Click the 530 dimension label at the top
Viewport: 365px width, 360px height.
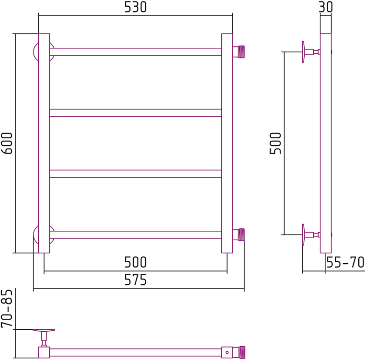pos(136,7)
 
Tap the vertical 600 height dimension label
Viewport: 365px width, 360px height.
pos(7,143)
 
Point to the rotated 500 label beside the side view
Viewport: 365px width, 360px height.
pos(275,143)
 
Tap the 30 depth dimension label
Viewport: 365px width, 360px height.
pos(326,7)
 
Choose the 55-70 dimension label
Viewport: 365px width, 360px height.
pos(345,262)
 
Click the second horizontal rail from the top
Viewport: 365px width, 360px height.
pos(136,113)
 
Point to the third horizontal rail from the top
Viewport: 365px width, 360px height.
pos(136,174)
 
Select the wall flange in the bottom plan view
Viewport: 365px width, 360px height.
pos(44,330)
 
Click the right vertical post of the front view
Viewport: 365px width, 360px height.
pos(227,143)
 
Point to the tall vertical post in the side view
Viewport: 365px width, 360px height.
pos(326,143)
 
